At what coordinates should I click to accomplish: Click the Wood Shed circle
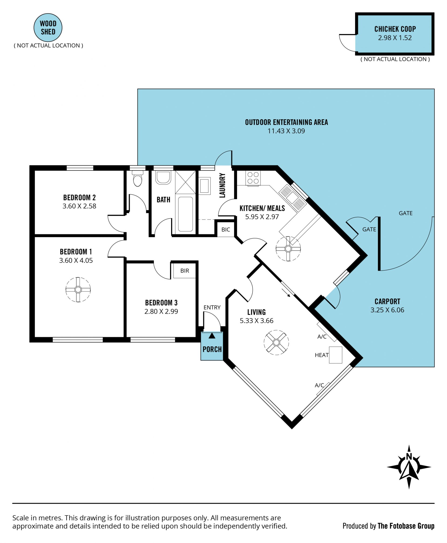[x=48, y=27]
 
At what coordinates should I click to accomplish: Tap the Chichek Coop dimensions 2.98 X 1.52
[x=395, y=38]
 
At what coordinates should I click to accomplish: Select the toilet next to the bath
[x=138, y=178]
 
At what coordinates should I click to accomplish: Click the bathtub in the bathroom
[x=185, y=214]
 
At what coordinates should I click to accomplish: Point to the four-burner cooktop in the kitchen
[x=253, y=178]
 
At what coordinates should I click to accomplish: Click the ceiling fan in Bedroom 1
[x=78, y=290]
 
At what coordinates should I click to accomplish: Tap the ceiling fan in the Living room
[x=276, y=343]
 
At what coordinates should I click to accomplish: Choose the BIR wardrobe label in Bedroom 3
[x=185, y=271]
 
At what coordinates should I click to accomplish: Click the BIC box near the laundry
[x=226, y=229]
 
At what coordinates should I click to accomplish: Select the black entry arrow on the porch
[x=212, y=336]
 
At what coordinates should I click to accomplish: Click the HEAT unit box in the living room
[x=336, y=355]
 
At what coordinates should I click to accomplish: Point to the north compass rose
[x=409, y=467]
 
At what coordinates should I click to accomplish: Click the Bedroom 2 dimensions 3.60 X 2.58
[x=79, y=206]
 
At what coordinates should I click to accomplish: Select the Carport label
[x=387, y=301]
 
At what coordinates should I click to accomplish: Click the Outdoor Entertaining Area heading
[x=286, y=122]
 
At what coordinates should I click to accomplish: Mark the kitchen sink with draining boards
[x=293, y=198]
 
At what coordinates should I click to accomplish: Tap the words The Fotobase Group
[x=406, y=526]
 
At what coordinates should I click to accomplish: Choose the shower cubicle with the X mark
[x=185, y=182]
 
